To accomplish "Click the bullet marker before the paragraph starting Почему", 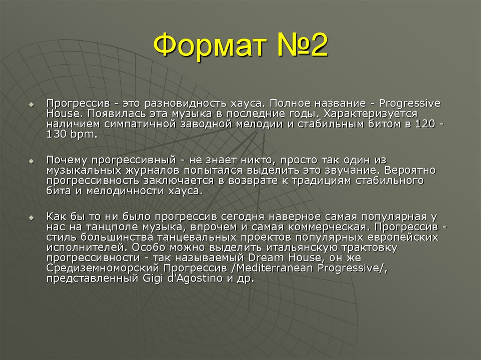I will pyautogui.click(x=31, y=161).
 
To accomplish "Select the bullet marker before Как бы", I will pyautogui.click(x=31, y=218).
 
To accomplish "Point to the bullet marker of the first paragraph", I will pyautogui.click(x=31, y=104).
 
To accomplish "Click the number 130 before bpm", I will pyautogui.click(x=56, y=134).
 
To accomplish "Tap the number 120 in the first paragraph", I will pyautogui.click(x=425, y=123).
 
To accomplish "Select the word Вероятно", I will pyautogui.click(x=413, y=170).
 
